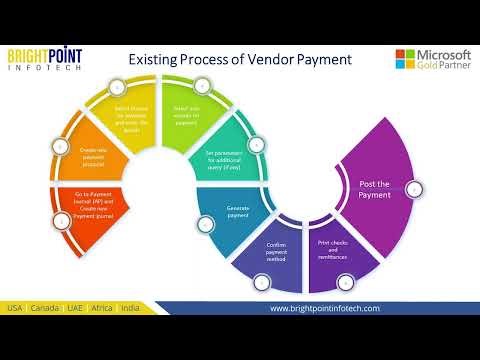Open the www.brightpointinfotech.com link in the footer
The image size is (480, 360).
(325, 308)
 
